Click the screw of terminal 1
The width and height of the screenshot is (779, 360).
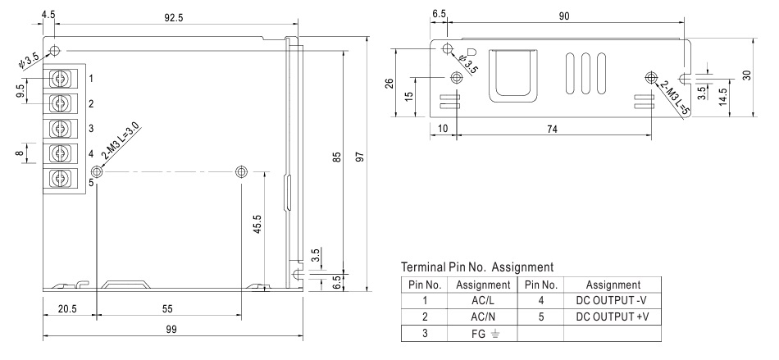[x=61, y=79]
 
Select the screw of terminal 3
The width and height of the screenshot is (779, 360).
[x=61, y=128]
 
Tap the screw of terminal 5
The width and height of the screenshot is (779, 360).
[x=61, y=178]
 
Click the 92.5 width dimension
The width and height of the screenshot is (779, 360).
[x=174, y=17]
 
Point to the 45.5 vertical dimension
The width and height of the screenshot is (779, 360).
[x=257, y=226]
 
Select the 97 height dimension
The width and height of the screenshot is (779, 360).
[x=361, y=157]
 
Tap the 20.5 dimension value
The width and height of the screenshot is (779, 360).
[x=67, y=309]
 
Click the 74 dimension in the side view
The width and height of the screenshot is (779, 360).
[x=552, y=129]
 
